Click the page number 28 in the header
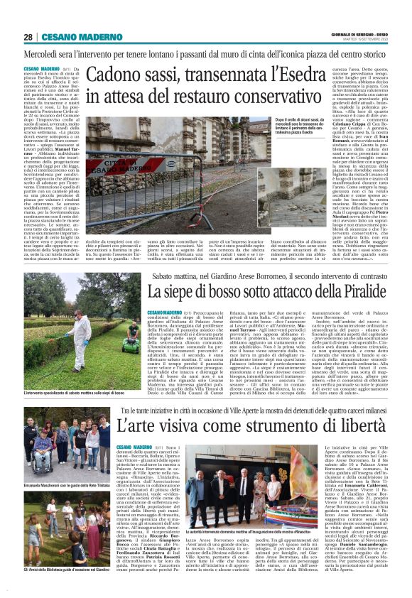pos(28,37)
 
